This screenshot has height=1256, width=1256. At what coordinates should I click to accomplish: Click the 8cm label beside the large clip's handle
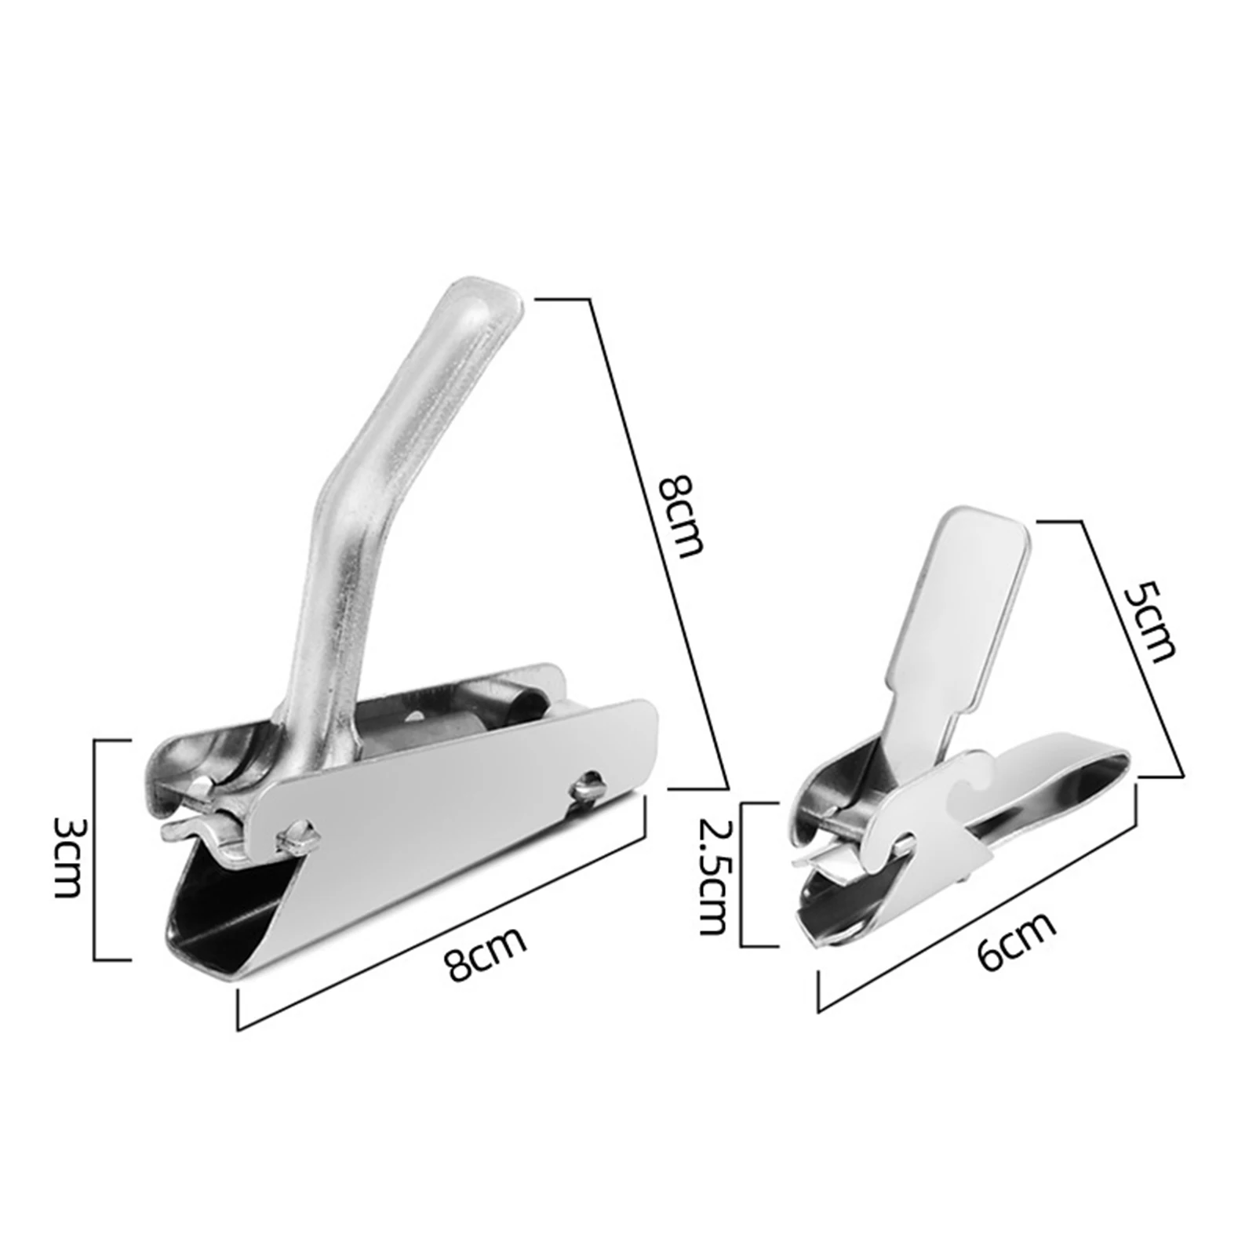[677, 514]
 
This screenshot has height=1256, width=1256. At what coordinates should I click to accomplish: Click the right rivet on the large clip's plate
[587, 786]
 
